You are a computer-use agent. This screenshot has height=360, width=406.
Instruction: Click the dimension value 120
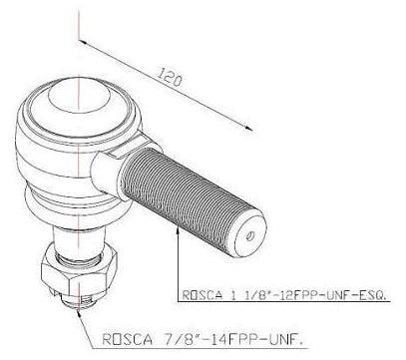tap(170, 77)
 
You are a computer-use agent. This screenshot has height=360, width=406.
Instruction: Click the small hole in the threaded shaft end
tap(250, 236)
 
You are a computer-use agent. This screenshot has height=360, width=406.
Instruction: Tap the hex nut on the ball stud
tap(79, 271)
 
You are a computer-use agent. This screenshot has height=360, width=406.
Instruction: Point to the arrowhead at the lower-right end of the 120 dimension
tap(248, 128)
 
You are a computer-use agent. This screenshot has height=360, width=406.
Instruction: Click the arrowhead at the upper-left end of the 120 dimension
tap(83, 42)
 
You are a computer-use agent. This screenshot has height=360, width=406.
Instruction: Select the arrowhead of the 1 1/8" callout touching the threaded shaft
tap(178, 230)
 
